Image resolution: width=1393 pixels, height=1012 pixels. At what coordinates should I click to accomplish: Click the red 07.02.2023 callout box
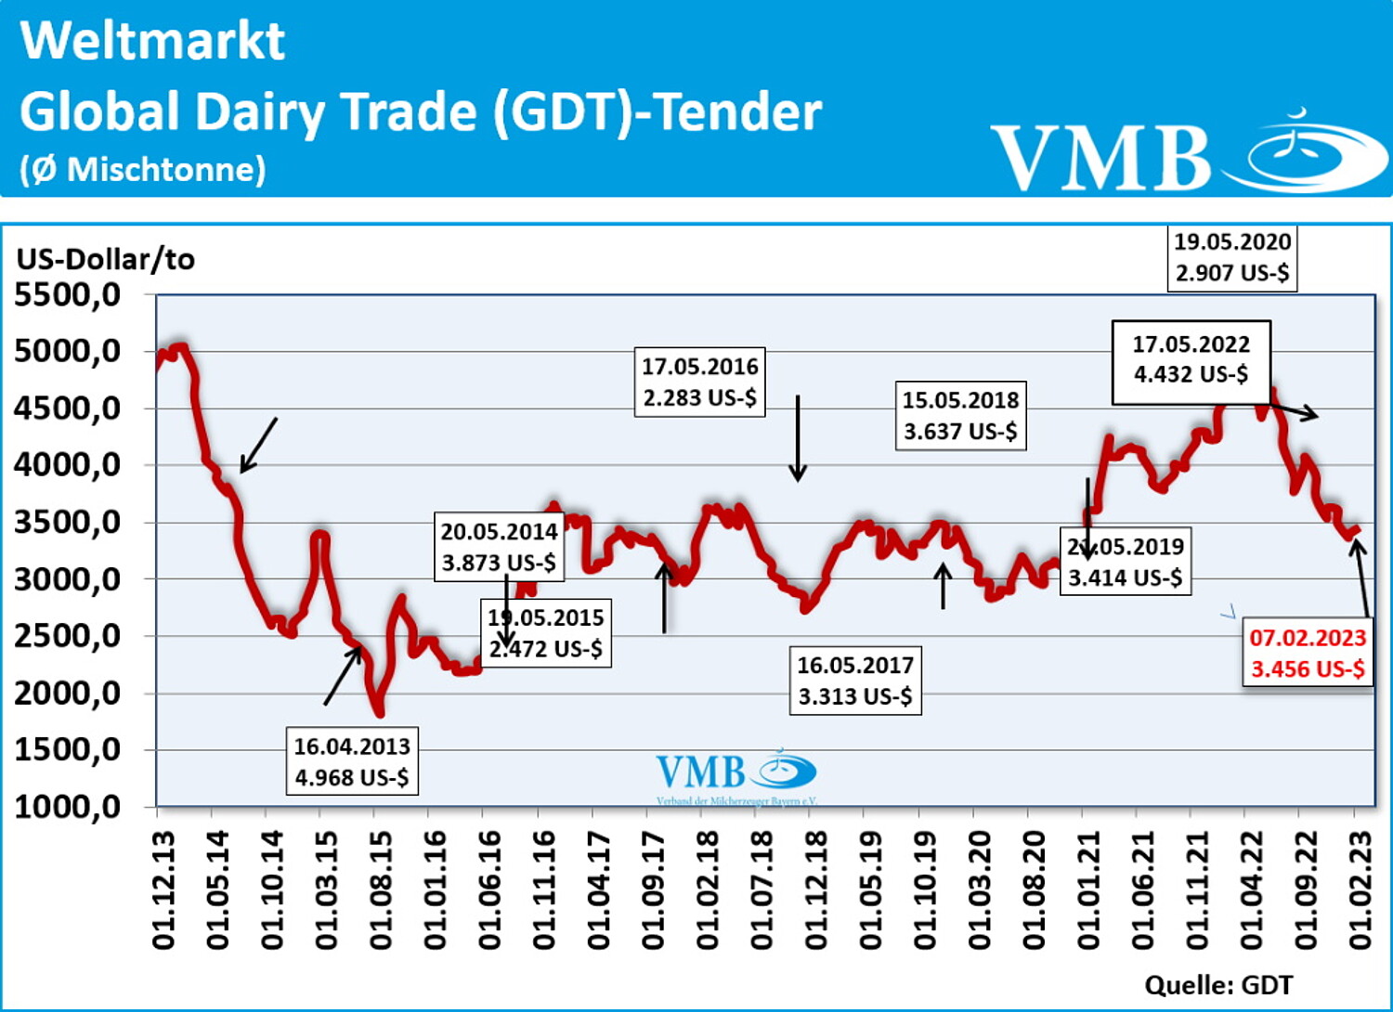[1307, 653]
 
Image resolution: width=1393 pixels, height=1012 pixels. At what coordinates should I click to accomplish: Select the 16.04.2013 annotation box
[352, 761]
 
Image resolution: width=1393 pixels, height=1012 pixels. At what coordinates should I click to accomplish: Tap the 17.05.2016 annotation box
[699, 382]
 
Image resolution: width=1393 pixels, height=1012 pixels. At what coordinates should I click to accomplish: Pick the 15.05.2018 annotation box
[960, 415]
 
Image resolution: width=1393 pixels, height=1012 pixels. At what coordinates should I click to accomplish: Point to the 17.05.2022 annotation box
[1191, 359]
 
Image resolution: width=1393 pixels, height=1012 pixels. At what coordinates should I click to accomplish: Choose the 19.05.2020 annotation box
[1231, 257]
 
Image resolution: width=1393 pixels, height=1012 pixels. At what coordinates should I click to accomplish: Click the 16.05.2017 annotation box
[854, 681]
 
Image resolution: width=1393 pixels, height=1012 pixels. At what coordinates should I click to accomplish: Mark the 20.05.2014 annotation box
[499, 547]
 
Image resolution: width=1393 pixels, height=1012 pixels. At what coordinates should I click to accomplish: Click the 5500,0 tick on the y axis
[68, 295]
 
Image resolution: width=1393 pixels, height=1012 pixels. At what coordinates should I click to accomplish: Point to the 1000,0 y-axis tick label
[68, 807]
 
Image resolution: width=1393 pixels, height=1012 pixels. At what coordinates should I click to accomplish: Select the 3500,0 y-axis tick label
[68, 523]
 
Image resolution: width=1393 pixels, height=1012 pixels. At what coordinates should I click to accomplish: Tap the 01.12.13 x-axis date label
[163, 889]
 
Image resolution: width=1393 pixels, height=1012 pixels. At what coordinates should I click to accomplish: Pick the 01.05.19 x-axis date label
[870, 889]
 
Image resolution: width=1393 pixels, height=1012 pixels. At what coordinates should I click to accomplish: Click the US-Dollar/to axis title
[106, 259]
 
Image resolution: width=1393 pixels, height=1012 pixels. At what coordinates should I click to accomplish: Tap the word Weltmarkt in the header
[152, 41]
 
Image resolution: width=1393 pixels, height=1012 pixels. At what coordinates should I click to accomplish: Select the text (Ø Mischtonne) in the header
[143, 169]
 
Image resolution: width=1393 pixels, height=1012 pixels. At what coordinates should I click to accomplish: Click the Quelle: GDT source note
[1217, 985]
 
